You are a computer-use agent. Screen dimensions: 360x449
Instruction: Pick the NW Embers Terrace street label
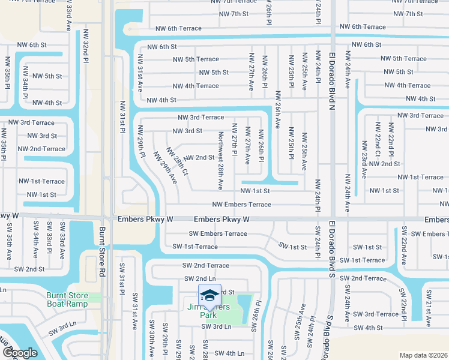(x=241, y=205)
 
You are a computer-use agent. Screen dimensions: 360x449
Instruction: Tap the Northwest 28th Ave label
(x=221, y=161)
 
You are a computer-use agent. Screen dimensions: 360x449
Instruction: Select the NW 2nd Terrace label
(x=41, y=149)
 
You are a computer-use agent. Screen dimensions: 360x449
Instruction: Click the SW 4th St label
(x=368, y=328)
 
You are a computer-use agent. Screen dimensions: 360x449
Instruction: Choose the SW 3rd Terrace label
(x=376, y=314)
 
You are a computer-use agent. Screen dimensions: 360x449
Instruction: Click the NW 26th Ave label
(x=278, y=109)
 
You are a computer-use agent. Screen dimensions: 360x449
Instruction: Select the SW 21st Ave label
(x=429, y=309)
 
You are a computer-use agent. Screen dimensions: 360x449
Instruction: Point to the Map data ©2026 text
(x=423, y=355)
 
